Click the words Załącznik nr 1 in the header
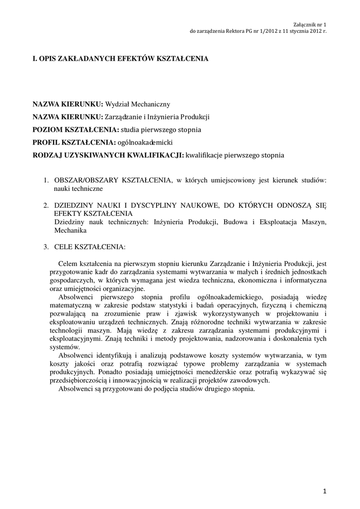pos(310,24)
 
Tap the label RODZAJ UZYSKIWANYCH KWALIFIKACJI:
pos(107,156)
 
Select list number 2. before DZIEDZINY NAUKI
pos(45,205)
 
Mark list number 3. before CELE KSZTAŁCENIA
pos(45,247)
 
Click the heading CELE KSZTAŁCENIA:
pos(90,247)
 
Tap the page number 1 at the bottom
pos(324,492)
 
